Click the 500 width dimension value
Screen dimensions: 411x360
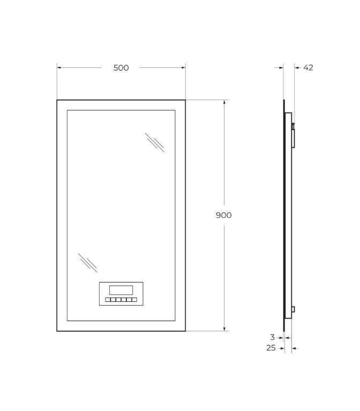pos(121,68)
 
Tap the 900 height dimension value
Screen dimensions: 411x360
pos(223,215)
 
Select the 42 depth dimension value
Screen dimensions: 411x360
pos(308,67)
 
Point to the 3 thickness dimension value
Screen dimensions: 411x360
pos(272,337)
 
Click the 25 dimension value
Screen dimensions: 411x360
pos(271,348)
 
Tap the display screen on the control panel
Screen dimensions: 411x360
pos(121,290)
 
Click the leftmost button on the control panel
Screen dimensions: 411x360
pos(108,300)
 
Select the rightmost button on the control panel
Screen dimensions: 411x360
pos(134,300)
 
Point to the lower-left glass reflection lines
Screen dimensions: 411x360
pos(87,263)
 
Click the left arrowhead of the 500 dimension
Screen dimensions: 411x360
pos(59,67)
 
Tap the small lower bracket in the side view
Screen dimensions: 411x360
pos(293,309)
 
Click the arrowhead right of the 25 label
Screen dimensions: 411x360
pos(294,348)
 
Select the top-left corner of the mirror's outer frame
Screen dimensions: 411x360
pos(57,100)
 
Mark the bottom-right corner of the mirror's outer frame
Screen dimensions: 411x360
pos(185,331)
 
